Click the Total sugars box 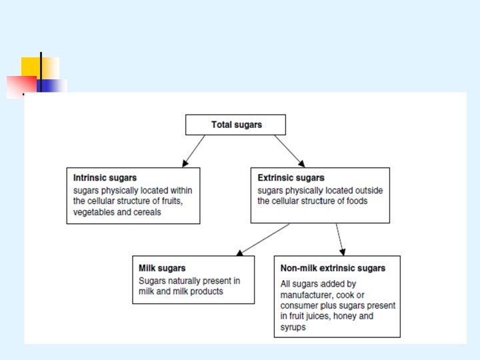click(235, 125)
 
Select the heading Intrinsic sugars click(105, 178)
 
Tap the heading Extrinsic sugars click(291, 178)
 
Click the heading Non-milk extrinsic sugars click(333, 268)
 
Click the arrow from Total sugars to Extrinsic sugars click(289, 151)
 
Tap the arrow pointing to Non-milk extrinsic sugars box click(340, 239)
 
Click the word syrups click(294, 327)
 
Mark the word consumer click(299, 305)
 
